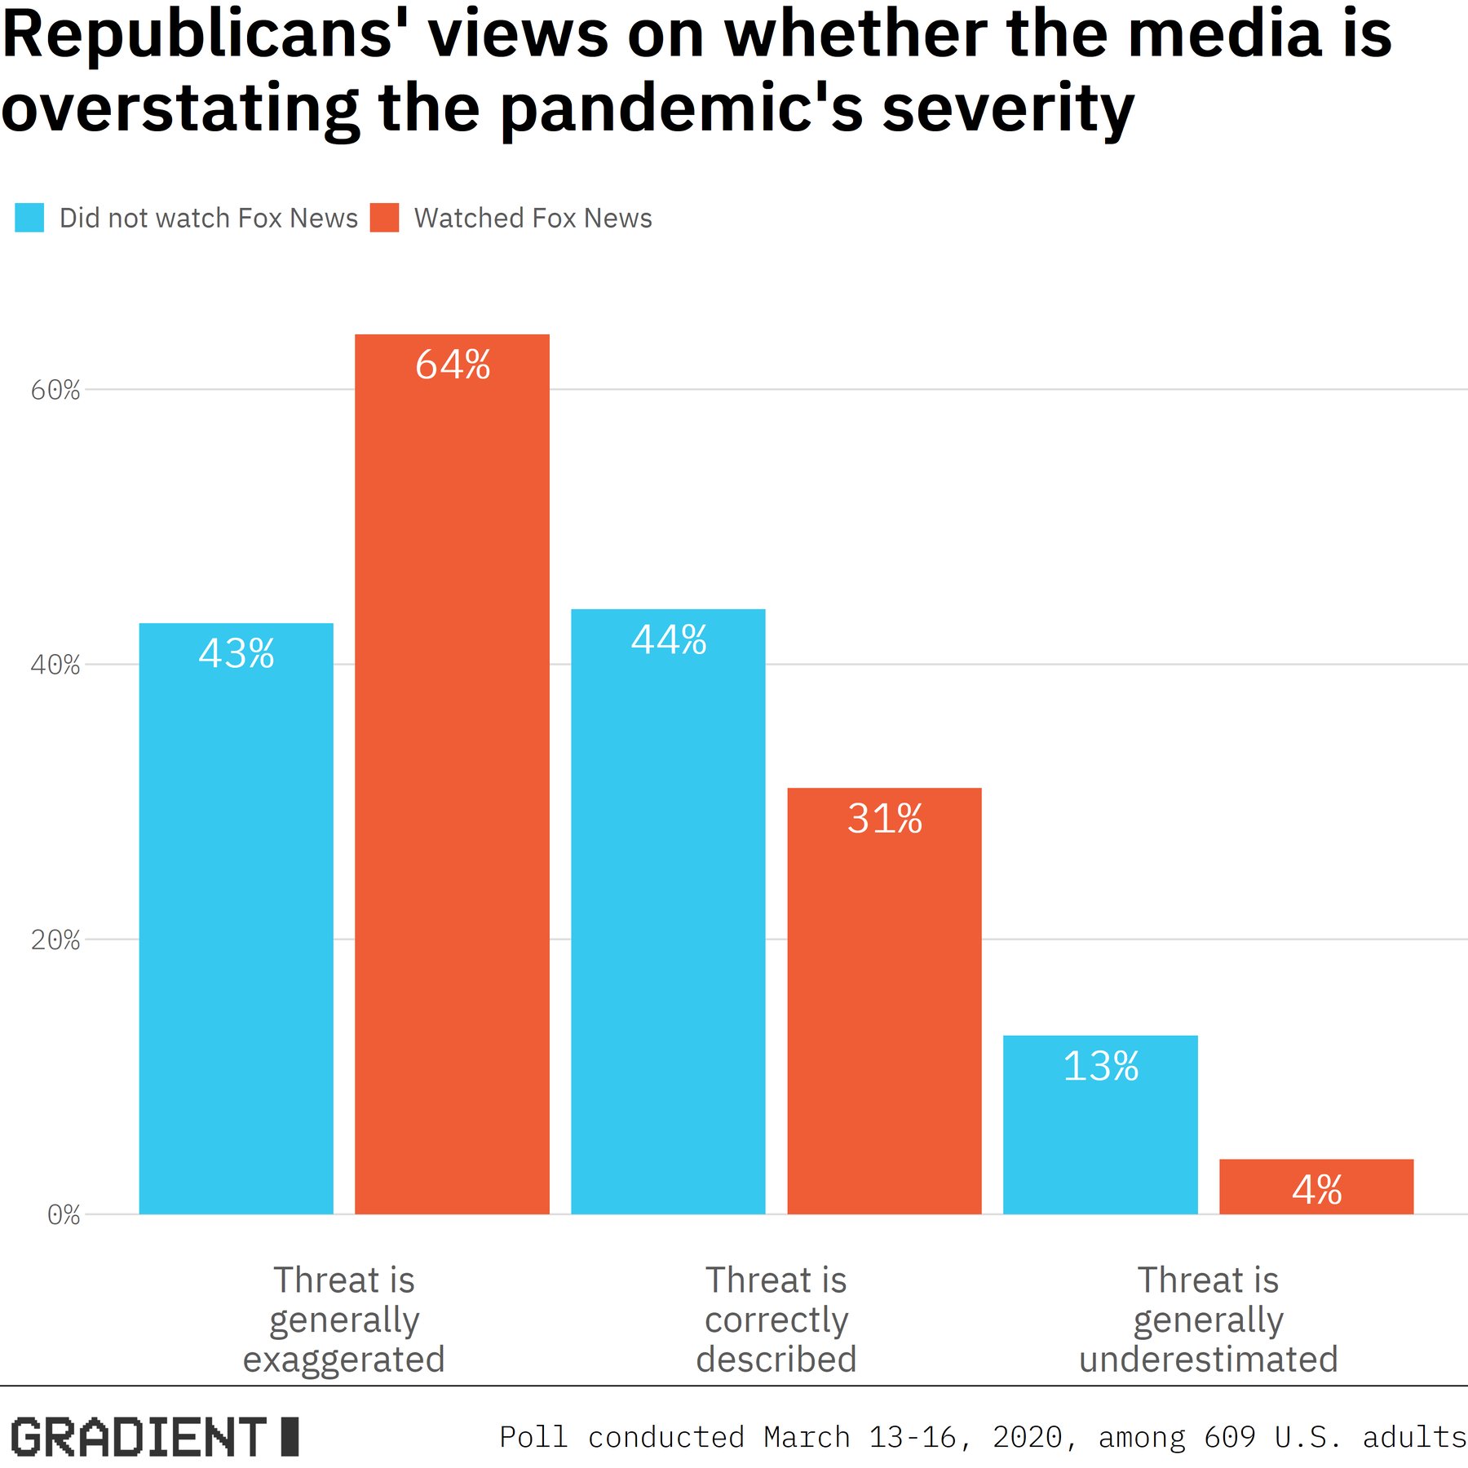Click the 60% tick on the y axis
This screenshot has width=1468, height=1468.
click(55, 390)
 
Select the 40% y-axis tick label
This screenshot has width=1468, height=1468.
click(55, 665)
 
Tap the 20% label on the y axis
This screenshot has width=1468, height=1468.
click(55, 940)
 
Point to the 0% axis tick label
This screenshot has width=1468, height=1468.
click(64, 1214)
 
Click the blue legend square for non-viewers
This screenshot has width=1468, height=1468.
click(29, 218)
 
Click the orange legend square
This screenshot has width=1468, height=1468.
click(384, 218)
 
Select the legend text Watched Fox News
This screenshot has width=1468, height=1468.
click(533, 218)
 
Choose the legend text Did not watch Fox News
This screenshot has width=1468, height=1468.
click(209, 218)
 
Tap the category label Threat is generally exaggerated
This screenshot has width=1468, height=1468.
click(343, 1319)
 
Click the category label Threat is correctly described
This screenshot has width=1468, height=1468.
click(776, 1319)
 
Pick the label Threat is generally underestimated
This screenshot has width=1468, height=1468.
click(1208, 1319)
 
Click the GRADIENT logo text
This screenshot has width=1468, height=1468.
click(139, 1436)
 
